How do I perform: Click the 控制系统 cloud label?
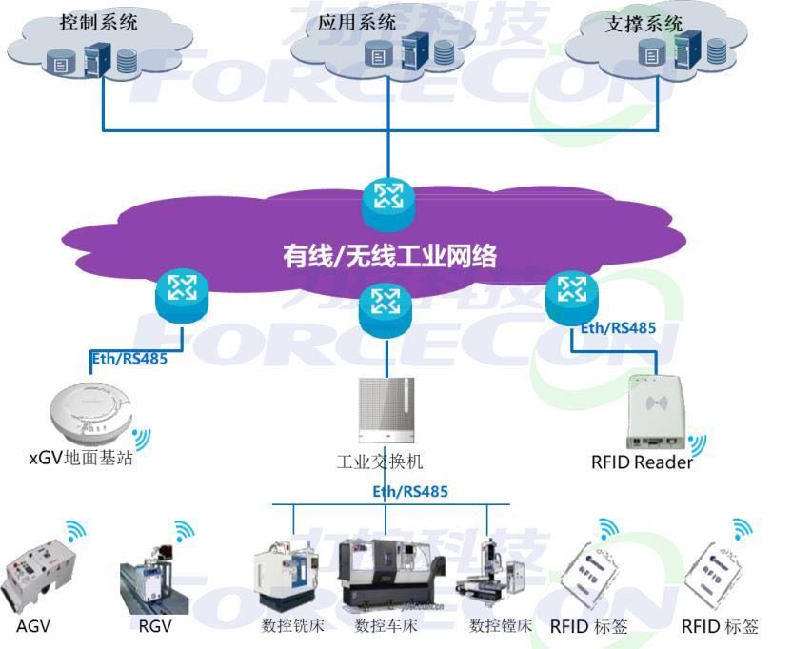tap(99, 21)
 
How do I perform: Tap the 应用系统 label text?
tap(357, 22)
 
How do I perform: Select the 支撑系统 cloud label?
tap(644, 25)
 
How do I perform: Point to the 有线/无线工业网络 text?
tap(389, 255)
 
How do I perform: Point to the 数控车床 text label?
tap(386, 626)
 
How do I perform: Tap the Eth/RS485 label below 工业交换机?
tap(409, 491)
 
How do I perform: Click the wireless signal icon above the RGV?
tap(185, 531)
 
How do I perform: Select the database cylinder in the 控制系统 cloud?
tap(126, 61)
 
